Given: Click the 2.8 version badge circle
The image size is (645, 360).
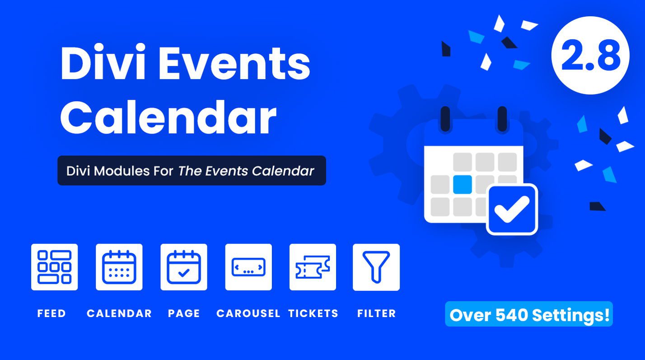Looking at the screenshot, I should coord(590,56).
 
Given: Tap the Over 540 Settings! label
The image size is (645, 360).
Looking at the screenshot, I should coord(529,314).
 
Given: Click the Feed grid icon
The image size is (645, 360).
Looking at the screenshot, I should coord(54,267).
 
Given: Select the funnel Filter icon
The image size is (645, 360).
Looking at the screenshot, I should coord(376,267).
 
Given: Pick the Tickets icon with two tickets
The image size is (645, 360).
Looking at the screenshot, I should coord(313,267).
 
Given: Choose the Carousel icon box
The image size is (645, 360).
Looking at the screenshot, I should coord(248,267).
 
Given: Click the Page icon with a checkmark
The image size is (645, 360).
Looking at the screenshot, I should coord(184,267).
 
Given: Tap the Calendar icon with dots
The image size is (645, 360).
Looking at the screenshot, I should coord(119,267).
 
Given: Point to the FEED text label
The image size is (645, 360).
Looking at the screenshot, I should coord(51,313).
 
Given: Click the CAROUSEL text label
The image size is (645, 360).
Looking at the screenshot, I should coord(248,313).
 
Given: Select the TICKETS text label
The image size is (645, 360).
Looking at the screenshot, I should coord(313,313).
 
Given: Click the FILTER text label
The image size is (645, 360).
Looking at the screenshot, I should coord(376,313).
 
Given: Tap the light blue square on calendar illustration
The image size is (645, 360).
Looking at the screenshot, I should coord(462,184).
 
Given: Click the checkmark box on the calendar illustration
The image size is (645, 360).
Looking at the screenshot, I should coord(512,210).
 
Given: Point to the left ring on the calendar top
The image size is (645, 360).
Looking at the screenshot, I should coord(445,118).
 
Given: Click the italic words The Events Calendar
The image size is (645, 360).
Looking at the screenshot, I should coord(246,171).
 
